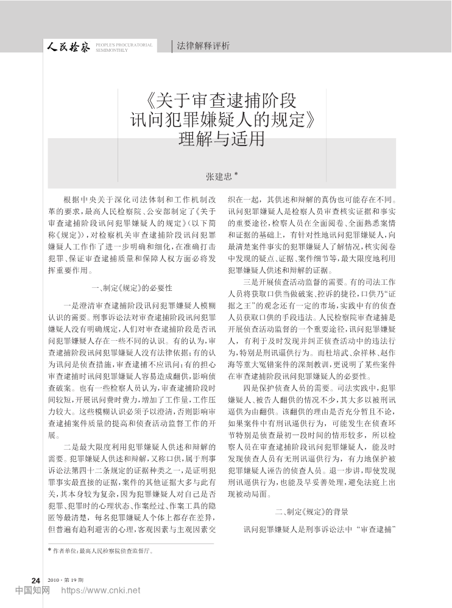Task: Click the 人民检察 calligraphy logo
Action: click(x=70, y=46)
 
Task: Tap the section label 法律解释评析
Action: click(x=203, y=46)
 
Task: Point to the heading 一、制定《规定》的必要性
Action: click(x=131, y=287)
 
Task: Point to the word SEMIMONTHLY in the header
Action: click(x=112, y=50)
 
